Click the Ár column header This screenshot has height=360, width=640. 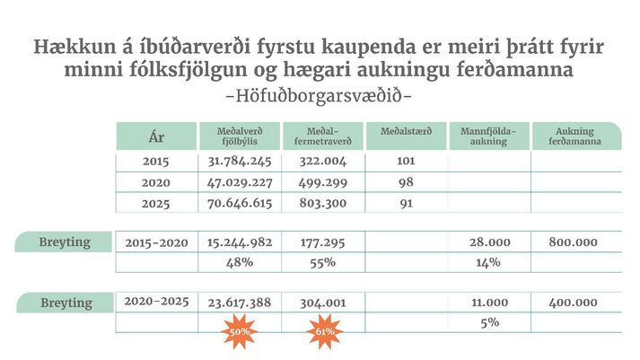pos(156,137)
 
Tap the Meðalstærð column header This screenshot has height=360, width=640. pos(407,132)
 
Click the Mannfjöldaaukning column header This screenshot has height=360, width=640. pos(489,136)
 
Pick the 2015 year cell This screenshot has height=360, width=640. pos(156,162)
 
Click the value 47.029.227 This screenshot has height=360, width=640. pos(240,182)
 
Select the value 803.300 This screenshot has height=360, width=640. pos(321,203)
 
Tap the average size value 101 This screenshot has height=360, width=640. pos(405,162)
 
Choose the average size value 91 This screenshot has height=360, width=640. pos(406,203)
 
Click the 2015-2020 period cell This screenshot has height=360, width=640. pos(156,243)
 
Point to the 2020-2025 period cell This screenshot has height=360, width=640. pos(156,302)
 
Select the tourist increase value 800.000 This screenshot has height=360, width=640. pos(574,243)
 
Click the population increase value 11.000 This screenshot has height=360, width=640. pos(489,303)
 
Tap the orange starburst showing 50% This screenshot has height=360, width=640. pos(240,330)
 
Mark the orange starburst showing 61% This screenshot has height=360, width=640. pos(323,330)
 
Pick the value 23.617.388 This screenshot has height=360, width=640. pos(240,303)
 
